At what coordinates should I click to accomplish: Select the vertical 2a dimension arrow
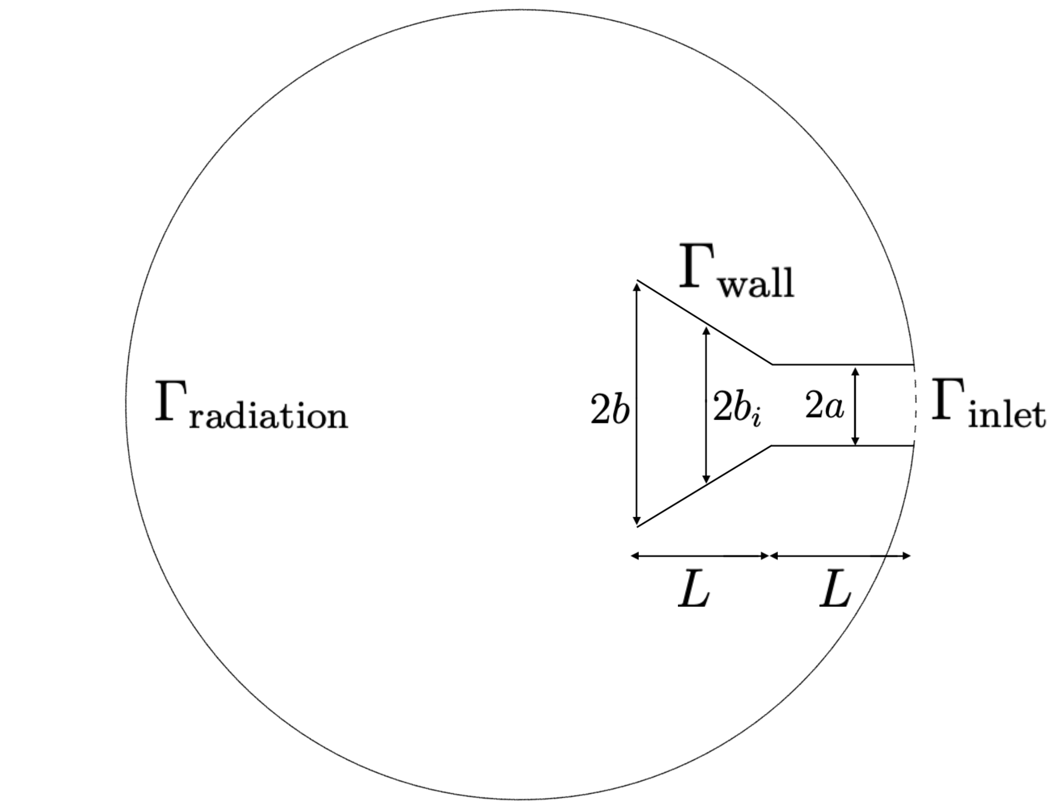[x=855, y=406]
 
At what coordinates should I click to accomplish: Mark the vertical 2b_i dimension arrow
[x=706, y=405]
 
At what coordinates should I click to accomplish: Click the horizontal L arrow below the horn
[x=700, y=556]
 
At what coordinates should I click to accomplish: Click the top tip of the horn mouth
[x=637, y=281]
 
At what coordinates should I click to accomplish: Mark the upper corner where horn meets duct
[x=772, y=364]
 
